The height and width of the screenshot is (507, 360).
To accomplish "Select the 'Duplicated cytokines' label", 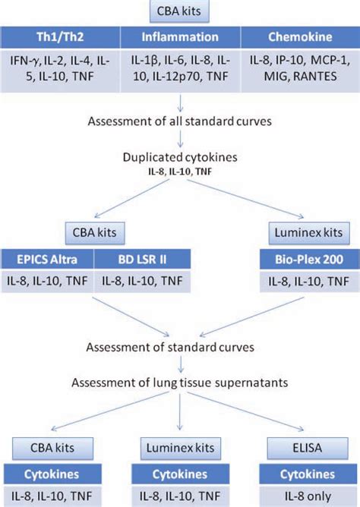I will point(180,158).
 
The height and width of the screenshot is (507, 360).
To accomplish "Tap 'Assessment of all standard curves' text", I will point(180,121).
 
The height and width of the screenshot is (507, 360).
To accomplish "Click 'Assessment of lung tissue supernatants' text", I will point(180,382).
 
